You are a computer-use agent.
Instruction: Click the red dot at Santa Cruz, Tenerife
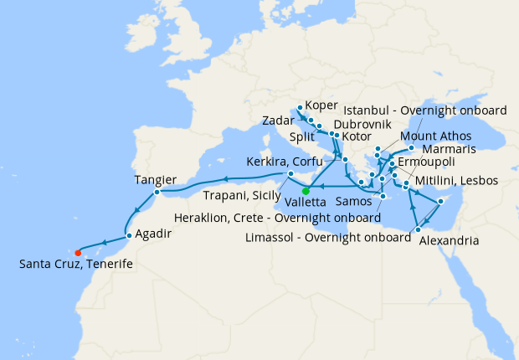[78, 252]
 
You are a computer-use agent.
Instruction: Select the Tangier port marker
[156, 194]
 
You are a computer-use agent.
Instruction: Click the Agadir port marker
[129, 235]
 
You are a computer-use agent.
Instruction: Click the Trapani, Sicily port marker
[290, 174]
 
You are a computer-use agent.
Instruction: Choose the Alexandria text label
[450, 240]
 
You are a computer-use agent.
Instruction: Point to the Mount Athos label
[437, 136]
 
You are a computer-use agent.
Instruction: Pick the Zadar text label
[277, 121]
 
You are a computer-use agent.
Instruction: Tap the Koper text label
[322, 105]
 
